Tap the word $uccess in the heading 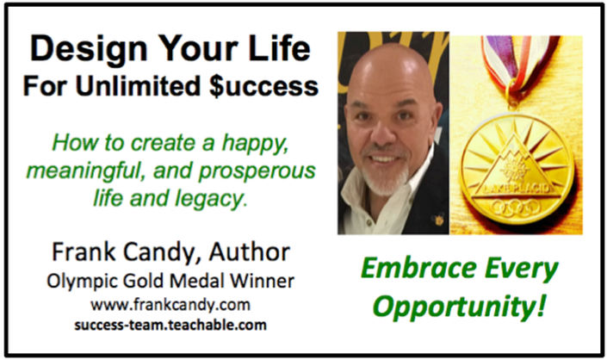[263, 86]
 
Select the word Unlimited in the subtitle [138, 85]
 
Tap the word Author [250, 252]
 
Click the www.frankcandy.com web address [170, 305]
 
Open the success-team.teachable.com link [170, 325]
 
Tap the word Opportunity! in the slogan [460, 307]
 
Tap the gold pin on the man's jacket [438, 220]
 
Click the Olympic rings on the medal [516, 208]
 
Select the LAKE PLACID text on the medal [517, 189]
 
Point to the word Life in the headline [280, 48]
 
